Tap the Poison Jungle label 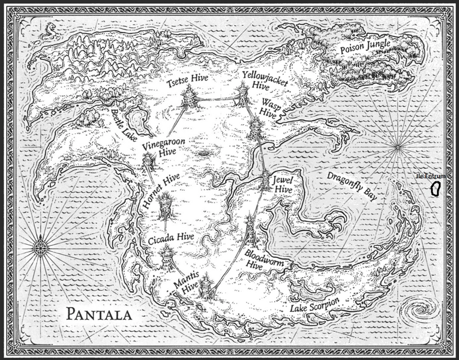pos(365,45)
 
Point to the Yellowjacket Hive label pos(261,80)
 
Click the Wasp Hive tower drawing pos(256,127)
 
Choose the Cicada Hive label pos(171,238)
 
